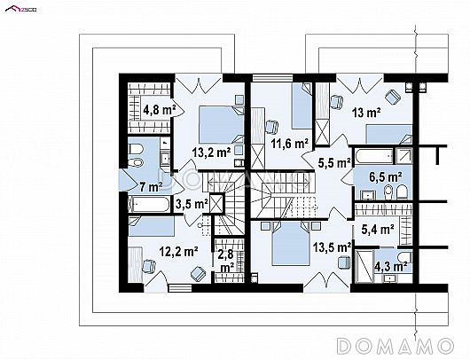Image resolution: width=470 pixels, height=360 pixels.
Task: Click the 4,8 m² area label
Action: click(159, 110)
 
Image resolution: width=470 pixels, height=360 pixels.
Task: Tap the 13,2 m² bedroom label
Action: click(211, 153)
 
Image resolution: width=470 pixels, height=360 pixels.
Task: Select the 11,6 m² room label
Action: click(290, 144)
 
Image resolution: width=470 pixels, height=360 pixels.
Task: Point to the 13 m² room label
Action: click(366, 113)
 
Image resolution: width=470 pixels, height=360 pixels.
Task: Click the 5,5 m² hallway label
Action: click(335, 163)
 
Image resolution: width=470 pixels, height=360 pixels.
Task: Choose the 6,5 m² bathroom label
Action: click(386, 177)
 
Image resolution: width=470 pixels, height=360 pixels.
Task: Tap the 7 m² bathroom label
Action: click(151, 187)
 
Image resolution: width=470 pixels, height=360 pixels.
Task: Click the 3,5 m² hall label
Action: click(192, 204)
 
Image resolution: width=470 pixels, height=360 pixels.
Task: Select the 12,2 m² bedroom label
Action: click(178, 252)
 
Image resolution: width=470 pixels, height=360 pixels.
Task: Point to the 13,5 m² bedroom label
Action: click(333, 247)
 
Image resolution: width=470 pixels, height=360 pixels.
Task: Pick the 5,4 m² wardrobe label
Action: click(378, 230)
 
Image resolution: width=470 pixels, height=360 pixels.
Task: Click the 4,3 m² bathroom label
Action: click(390, 266)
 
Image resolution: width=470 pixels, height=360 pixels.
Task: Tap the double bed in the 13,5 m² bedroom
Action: click(291, 243)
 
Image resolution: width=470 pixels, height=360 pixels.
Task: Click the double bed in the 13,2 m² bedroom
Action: click(221, 124)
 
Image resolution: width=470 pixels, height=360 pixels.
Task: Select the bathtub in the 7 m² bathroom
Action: click(149, 205)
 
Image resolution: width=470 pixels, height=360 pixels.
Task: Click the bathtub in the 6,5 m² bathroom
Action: click(374, 156)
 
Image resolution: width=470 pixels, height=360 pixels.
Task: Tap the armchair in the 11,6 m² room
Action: click(272, 127)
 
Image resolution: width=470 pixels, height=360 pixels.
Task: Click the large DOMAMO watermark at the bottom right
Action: click(395, 346)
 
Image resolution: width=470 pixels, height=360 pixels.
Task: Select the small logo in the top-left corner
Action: click(21, 9)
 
